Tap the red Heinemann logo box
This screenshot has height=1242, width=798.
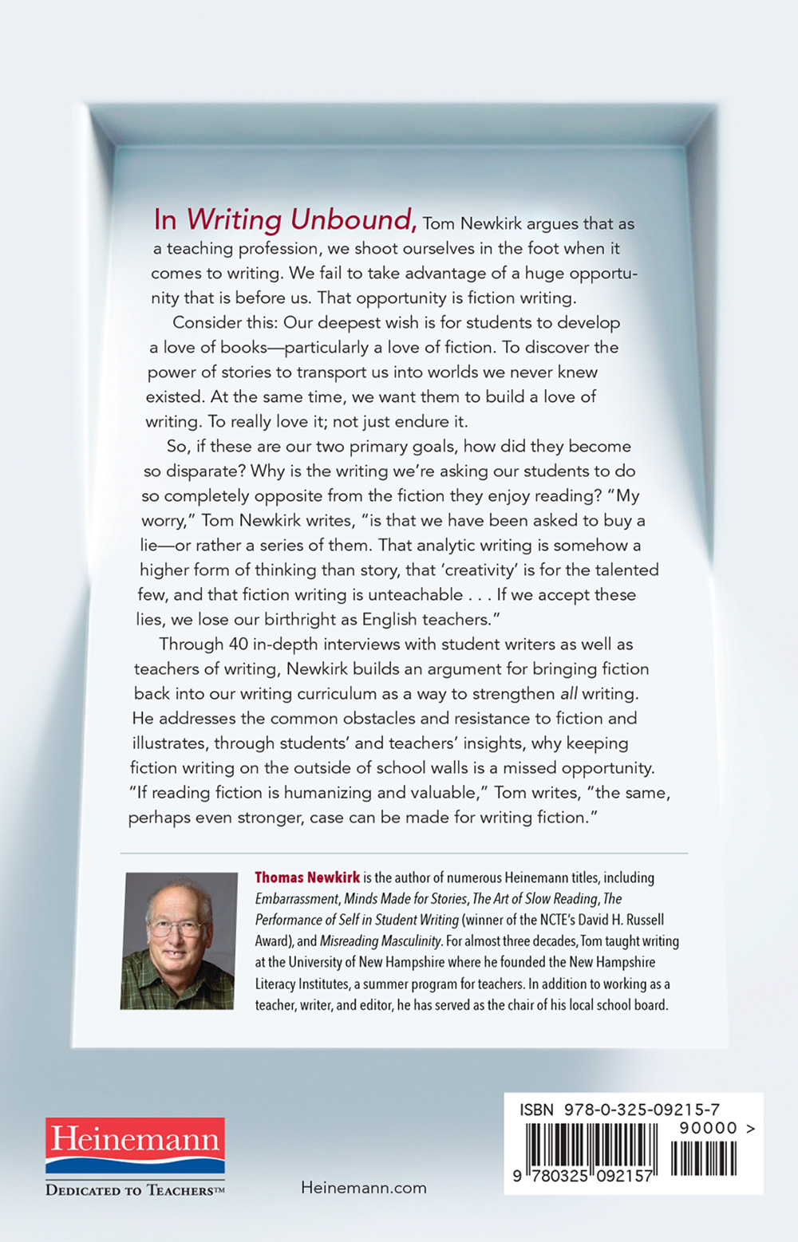coord(135,1145)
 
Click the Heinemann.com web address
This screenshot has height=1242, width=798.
coord(364,1188)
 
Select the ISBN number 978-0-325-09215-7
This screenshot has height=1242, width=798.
coord(642,1110)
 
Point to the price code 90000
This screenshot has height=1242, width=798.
coord(709,1128)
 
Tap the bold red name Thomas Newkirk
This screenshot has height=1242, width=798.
coord(307,877)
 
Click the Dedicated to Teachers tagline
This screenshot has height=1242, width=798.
coord(135,1190)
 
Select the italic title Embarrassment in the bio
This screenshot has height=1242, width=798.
coord(298,899)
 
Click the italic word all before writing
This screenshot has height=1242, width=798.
coord(568,693)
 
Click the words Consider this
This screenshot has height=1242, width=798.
coord(216,322)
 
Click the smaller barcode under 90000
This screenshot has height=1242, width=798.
coord(703,1158)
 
